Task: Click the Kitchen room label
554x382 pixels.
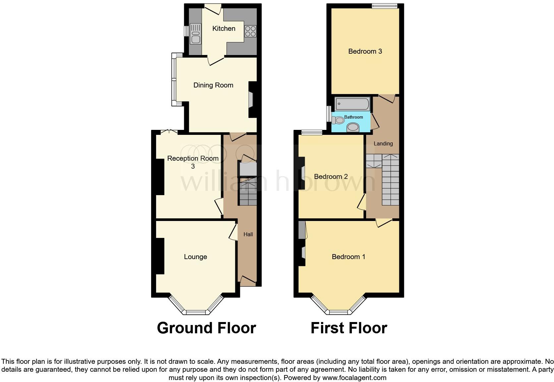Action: (224, 28)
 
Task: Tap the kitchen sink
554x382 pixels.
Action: (195, 34)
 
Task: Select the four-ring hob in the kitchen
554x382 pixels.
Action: (250, 31)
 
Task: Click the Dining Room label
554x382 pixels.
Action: (213, 85)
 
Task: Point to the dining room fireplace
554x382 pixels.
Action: (251, 100)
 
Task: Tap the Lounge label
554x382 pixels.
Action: (195, 257)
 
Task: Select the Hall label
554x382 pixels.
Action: (248, 234)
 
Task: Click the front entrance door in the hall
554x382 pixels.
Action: (248, 281)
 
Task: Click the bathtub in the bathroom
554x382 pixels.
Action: (352, 104)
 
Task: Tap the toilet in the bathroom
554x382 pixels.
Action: (338, 120)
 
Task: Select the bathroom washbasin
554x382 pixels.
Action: (353, 127)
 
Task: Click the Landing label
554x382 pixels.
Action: (383, 143)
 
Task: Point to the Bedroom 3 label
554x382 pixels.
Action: (365, 51)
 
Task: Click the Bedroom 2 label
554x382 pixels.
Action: (331, 177)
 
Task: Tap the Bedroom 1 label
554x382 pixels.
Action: (348, 257)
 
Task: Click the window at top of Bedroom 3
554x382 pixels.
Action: (384, 6)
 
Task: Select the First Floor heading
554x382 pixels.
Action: (349, 328)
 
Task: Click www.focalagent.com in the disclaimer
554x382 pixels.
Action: (354, 378)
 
